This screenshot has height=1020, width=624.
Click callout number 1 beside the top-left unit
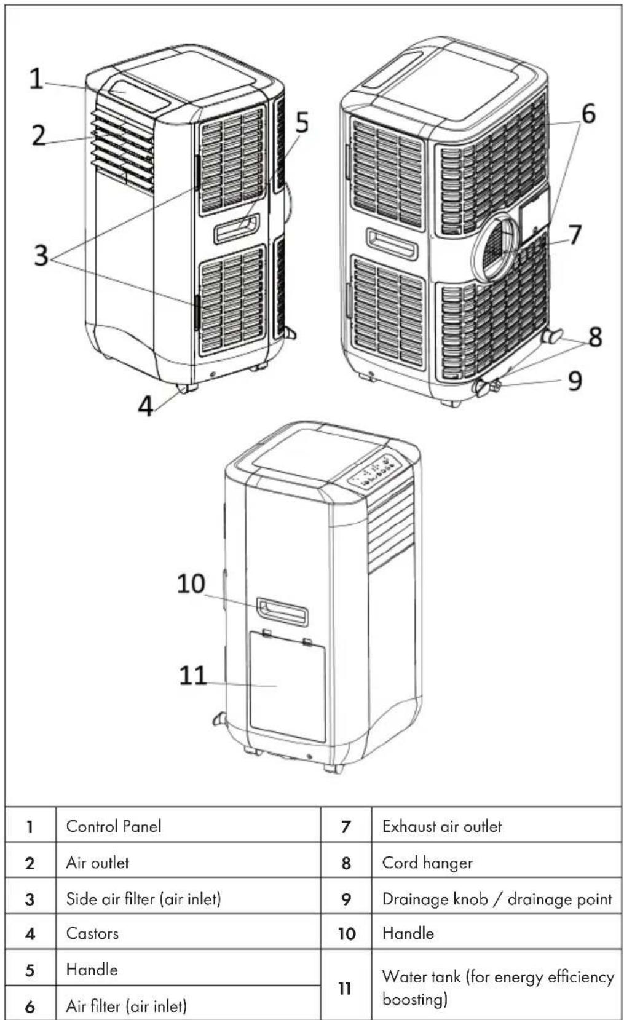coord(36,78)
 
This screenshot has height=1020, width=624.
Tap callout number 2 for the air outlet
coord(39,135)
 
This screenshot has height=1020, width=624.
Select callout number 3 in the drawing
coord(41,255)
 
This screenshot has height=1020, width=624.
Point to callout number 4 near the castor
coord(146,405)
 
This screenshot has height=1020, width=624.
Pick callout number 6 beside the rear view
coord(588,113)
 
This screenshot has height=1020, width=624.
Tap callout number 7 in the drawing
coord(575,234)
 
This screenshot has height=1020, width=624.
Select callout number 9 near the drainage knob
coord(575,380)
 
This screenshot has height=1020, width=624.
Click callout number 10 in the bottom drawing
coord(191,583)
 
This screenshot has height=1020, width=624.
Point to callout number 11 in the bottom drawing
coord(192,676)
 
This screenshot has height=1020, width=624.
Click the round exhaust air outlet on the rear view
coord(497,246)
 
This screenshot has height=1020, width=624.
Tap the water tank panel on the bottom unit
coord(288,686)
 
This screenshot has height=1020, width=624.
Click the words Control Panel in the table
coord(113,826)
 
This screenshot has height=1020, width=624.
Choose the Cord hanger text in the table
coord(427,863)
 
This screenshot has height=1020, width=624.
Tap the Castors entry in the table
coord(92,933)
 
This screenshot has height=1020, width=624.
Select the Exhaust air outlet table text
coord(442,826)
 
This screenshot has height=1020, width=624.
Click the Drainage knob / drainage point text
coord(497,898)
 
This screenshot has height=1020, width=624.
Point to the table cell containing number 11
coord(346,987)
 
